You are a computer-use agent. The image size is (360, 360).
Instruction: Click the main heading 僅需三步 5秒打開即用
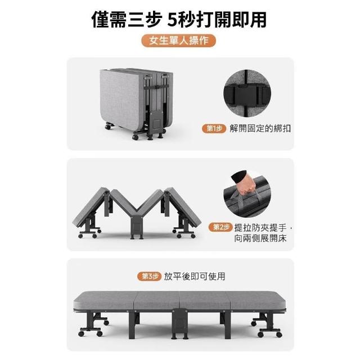click(x=179, y=20)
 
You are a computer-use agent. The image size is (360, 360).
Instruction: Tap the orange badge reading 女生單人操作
click(x=179, y=41)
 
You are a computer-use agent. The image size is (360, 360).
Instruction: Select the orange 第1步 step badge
click(x=214, y=129)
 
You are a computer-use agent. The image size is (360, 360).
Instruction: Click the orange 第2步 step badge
click(x=220, y=227)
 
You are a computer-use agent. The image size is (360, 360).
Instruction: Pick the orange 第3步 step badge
click(x=149, y=276)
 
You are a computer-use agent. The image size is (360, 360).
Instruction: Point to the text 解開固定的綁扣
click(x=260, y=129)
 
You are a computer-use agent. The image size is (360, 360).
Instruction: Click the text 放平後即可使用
click(x=195, y=276)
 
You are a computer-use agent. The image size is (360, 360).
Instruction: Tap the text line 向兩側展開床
click(x=260, y=238)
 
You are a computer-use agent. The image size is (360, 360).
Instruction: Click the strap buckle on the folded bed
click(x=157, y=87)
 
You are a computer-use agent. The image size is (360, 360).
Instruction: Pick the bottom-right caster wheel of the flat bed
click(x=279, y=334)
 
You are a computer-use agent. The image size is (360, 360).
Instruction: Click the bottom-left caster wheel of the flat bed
click(x=81, y=334)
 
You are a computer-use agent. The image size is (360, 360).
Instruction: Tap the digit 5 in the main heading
click(x=173, y=20)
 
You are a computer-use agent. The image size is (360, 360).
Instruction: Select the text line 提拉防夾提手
click(x=260, y=228)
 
